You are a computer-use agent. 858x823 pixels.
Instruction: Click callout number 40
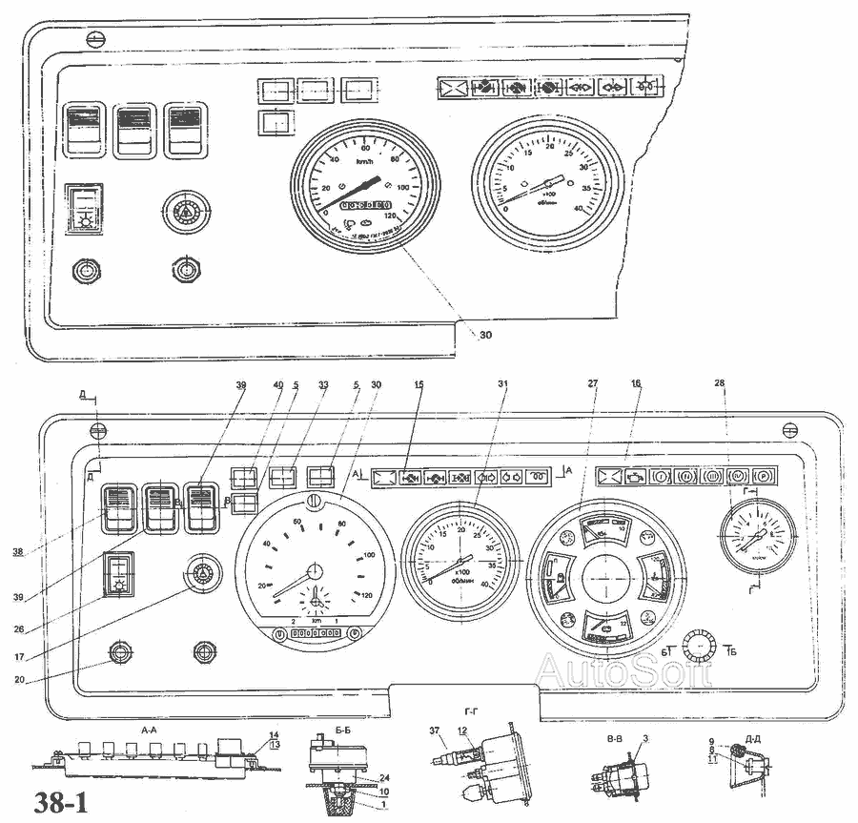point(278,385)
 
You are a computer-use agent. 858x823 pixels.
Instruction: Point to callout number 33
point(323,385)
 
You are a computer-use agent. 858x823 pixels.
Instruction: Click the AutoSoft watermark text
point(624,670)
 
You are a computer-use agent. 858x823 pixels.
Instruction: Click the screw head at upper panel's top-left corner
point(94,39)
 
